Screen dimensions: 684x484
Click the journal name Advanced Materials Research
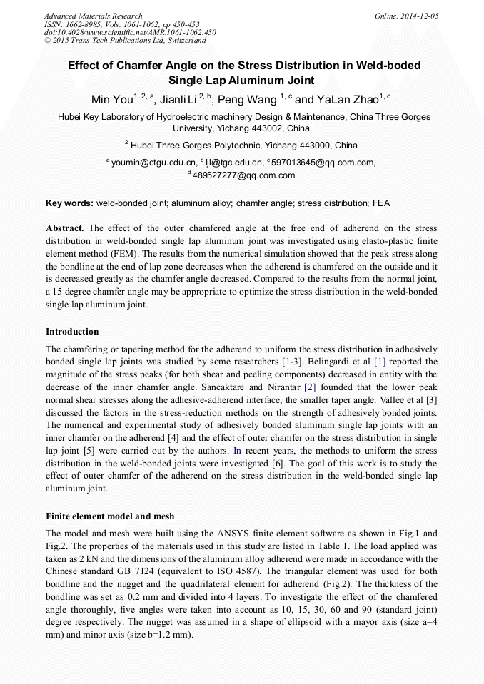click(x=93, y=16)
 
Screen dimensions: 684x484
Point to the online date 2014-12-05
click(x=417, y=16)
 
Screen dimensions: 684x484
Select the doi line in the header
click(x=131, y=33)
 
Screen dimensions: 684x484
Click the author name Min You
click(x=111, y=99)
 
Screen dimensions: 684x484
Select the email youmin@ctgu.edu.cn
click(x=152, y=163)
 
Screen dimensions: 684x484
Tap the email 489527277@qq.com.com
click(x=243, y=175)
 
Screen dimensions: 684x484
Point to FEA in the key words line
click(x=381, y=203)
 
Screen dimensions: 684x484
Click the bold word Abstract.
click(x=65, y=228)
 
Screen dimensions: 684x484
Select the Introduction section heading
click(x=72, y=332)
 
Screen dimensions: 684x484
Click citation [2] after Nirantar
click(x=310, y=387)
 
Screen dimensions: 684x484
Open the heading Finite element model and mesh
click(x=110, y=516)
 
